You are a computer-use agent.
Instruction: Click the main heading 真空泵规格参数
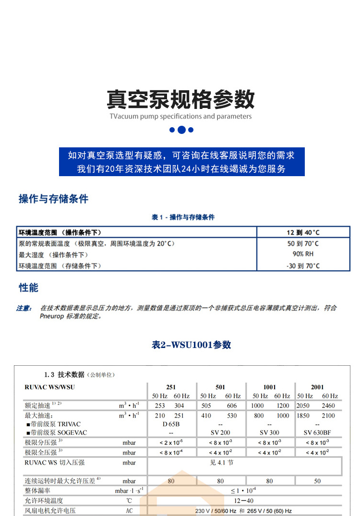(180, 99)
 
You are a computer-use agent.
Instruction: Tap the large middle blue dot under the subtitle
(181, 130)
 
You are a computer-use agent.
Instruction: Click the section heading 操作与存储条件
(53, 199)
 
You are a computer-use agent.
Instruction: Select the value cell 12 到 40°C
(303, 232)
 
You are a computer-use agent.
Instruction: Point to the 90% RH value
(303, 254)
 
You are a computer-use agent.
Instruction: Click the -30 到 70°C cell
(303, 265)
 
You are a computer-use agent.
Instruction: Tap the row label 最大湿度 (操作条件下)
(53, 254)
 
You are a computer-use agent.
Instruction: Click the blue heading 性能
(28, 288)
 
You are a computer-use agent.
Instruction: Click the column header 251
(171, 387)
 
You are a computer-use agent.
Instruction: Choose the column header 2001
(317, 387)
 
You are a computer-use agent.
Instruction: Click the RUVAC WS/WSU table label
(49, 387)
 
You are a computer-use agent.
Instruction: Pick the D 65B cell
(171, 424)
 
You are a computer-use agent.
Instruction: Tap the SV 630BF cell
(317, 432)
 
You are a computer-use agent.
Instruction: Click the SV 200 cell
(220, 432)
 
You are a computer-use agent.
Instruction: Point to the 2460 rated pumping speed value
(329, 406)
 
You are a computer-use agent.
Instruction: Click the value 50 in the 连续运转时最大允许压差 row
(317, 481)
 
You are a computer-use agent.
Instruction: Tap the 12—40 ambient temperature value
(244, 501)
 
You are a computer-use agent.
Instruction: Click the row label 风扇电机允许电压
(50, 511)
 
